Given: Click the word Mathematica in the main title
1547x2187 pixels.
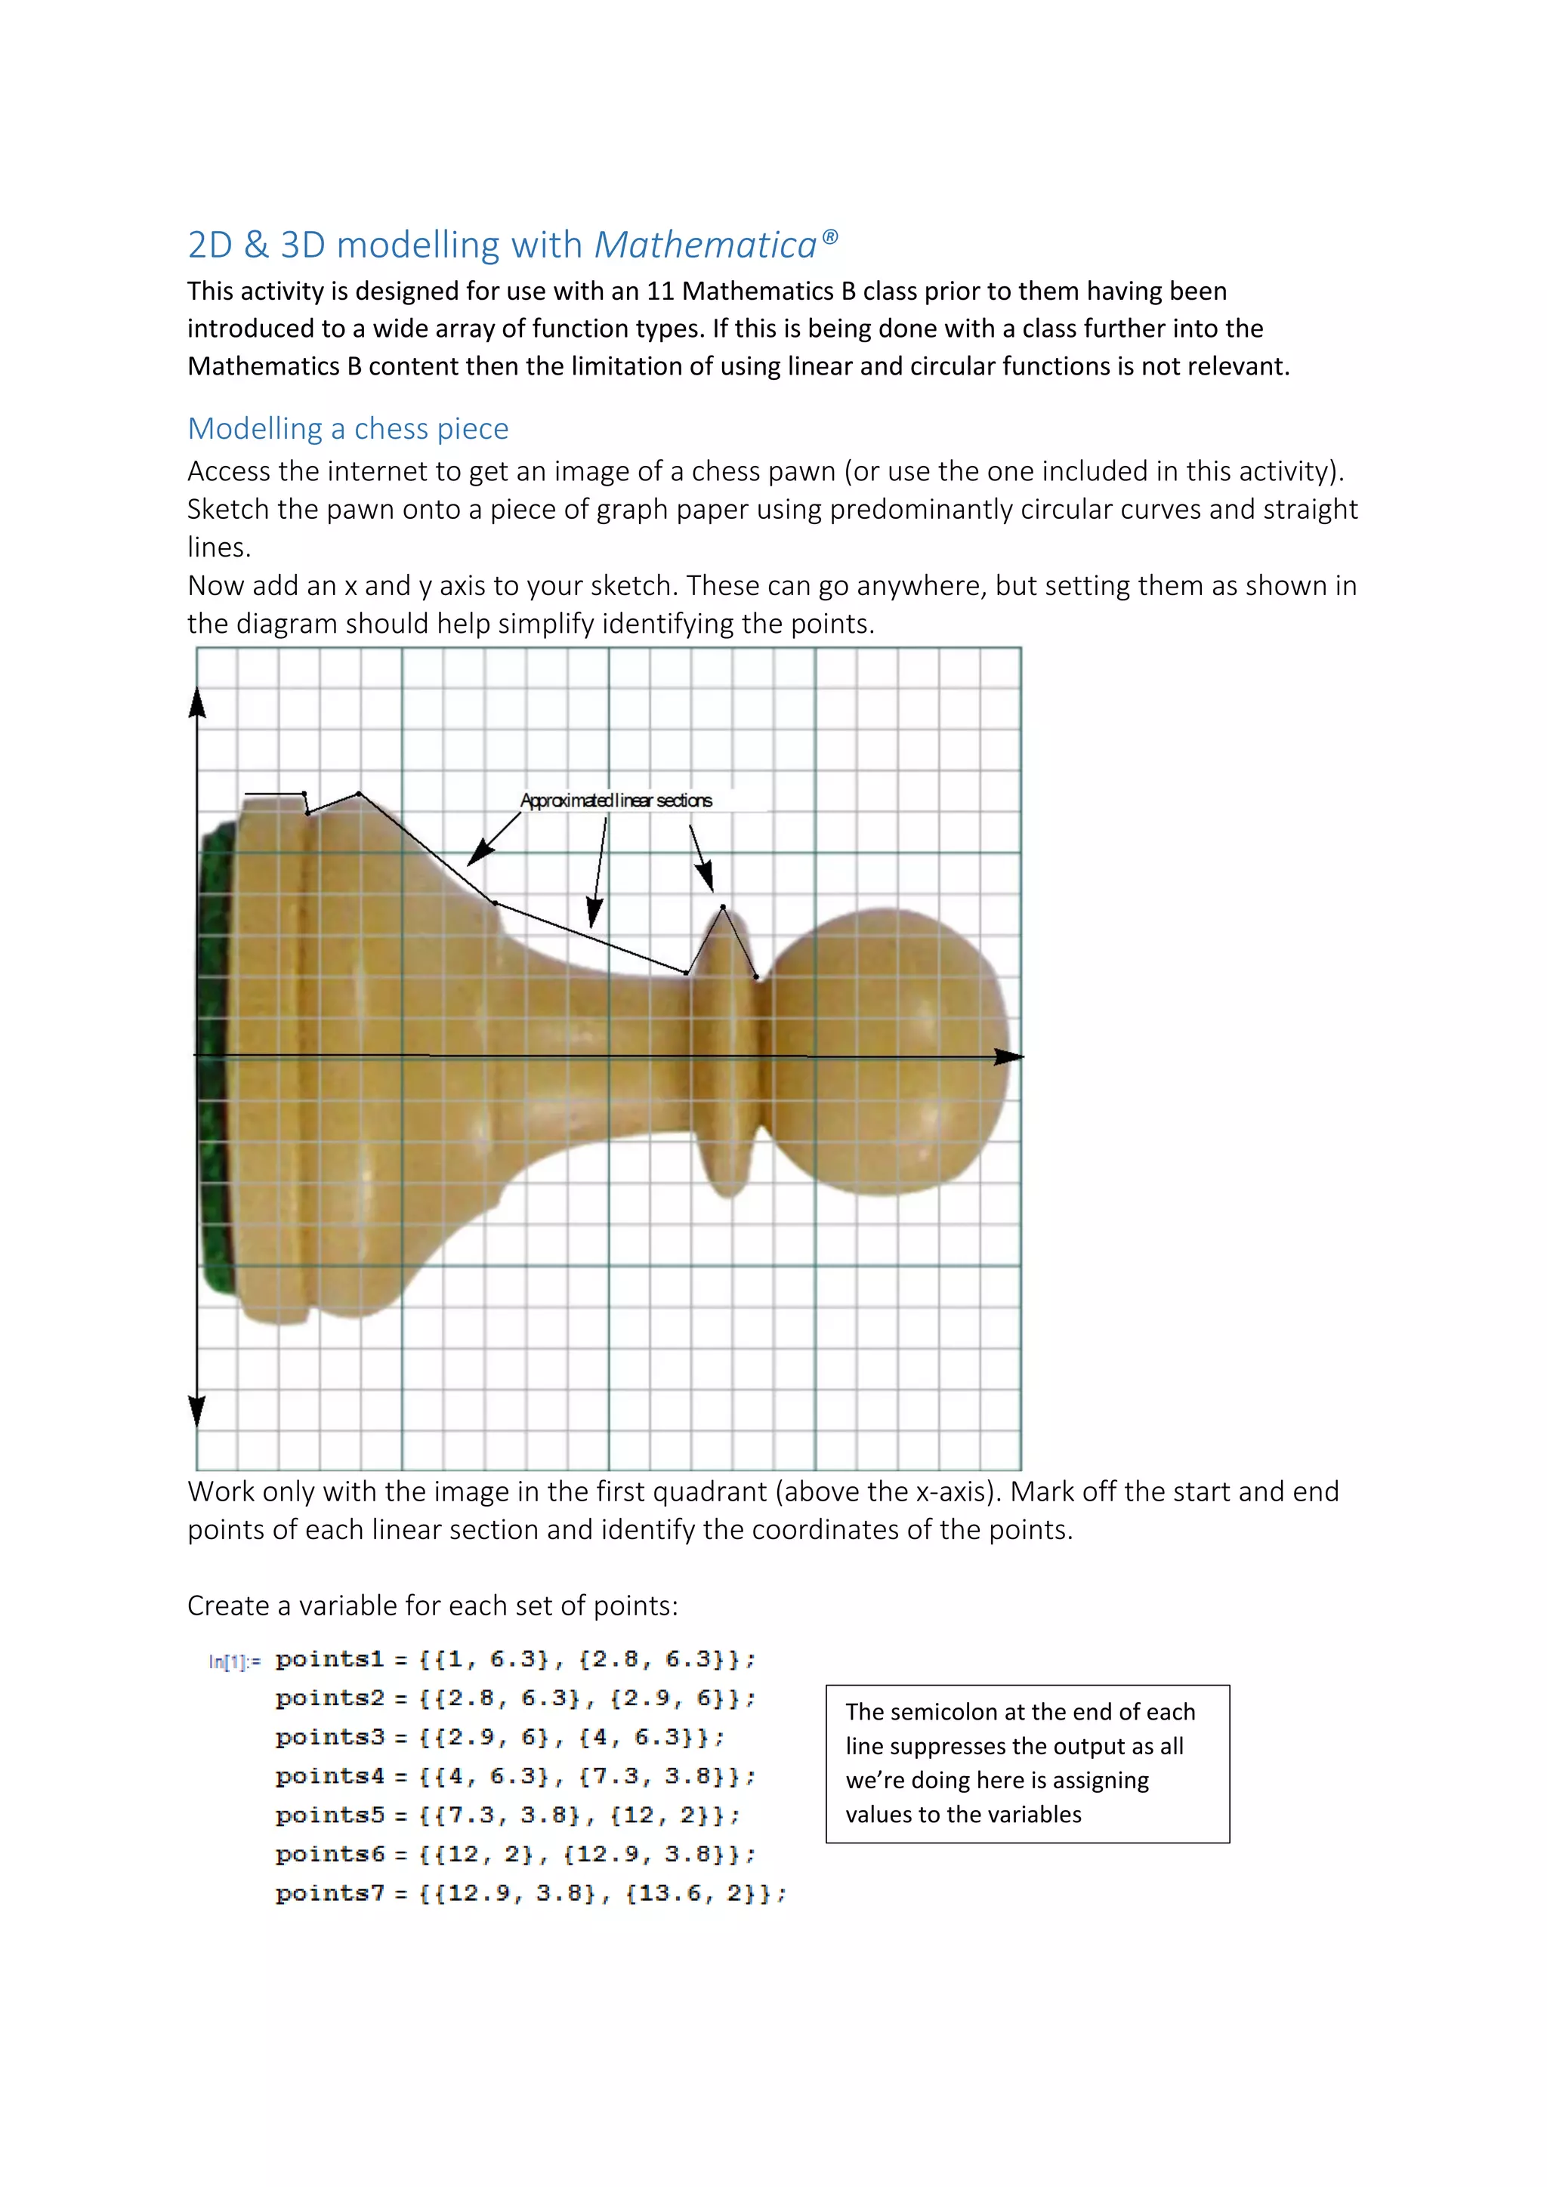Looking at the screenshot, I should [705, 245].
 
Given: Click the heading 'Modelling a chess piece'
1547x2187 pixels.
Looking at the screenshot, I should [347, 429].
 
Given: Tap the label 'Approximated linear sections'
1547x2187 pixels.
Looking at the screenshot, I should [616, 800].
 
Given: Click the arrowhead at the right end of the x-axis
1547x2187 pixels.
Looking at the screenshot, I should [1008, 1056].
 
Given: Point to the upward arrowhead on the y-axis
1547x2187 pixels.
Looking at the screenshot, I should [197, 703].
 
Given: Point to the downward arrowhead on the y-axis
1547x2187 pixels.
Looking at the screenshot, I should [197, 1411].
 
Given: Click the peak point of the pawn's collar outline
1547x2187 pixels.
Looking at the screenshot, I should [723, 907].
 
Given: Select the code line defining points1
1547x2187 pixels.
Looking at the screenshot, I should [514, 1659].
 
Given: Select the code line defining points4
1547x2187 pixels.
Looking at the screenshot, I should [514, 1776].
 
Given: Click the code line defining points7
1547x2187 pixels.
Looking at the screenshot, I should [530, 1894].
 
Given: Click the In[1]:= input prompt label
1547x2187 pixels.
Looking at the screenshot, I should [233, 1662].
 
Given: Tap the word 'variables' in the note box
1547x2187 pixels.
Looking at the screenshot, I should [1033, 1815].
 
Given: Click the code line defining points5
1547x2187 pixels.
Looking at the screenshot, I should [507, 1815].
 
